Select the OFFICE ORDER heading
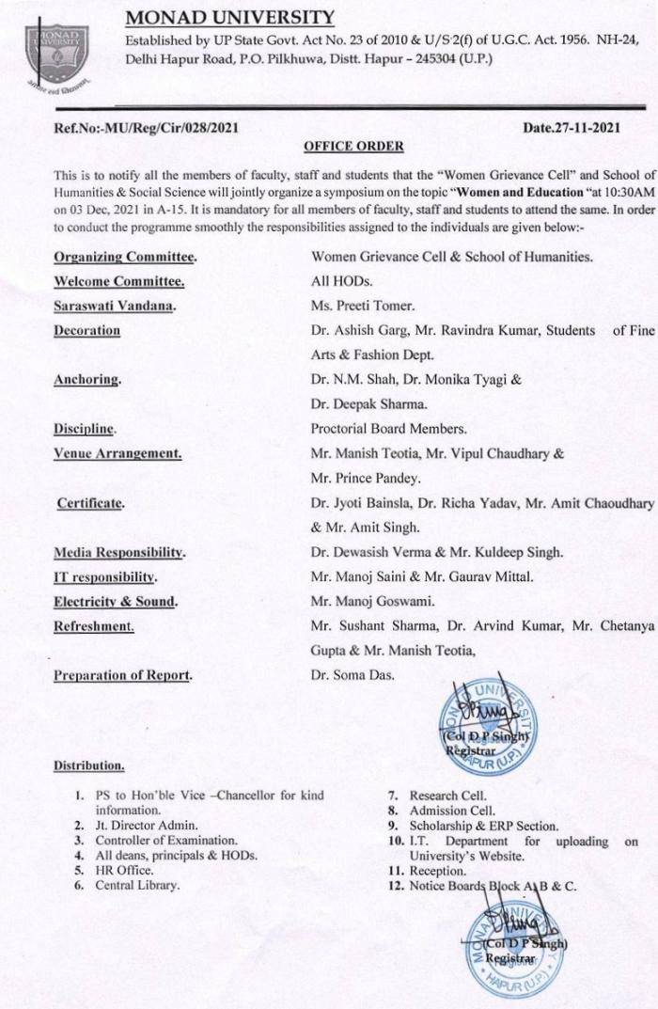point(353,146)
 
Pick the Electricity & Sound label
point(117,599)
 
